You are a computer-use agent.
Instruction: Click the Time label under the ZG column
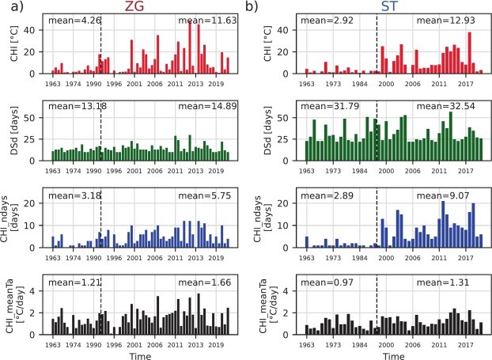coord(140,353)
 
